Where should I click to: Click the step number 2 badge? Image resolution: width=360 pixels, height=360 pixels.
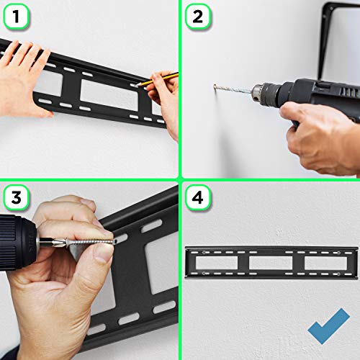coord(197,16)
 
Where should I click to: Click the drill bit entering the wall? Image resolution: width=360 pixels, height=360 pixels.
coord(232,91)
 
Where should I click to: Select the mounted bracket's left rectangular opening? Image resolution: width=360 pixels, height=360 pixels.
coord(218,263)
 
